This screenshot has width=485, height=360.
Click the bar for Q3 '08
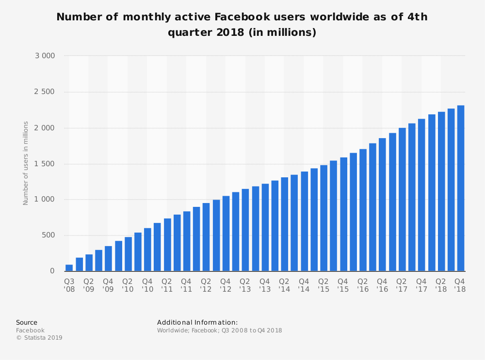pyautogui.click(x=69, y=268)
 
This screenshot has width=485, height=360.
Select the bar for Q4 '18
pyautogui.click(x=461, y=188)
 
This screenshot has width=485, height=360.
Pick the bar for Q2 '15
pyautogui.click(x=323, y=218)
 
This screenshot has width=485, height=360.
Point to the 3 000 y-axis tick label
pyautogui.click(x=45, y=56)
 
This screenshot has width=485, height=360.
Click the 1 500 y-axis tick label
pyautogui.click(x=45, y=164)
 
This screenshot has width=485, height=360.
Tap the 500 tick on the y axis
pyautogui.click(x=48, y=235)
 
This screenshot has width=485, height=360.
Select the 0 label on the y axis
pyautogui.click(x=52, y=271)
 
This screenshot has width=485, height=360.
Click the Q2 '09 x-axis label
pyautogui.click(x=89, y=285)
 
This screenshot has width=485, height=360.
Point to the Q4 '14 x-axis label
pyautogui.click(x=304, y=285)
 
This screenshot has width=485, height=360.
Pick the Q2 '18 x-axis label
pyautogui.click(x=441, y=285)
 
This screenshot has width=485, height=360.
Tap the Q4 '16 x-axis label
pyautogui.click(x=382, y=285)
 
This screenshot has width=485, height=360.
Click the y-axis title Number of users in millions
pyautogui.click(x=26, y=163)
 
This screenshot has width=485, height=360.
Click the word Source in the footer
pyautogui.click(x=27, y=323)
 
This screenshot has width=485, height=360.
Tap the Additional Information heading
pyautogui.click(x=197, y=323)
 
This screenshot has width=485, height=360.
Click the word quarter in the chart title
pyautogui.click(x=191, y=33)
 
